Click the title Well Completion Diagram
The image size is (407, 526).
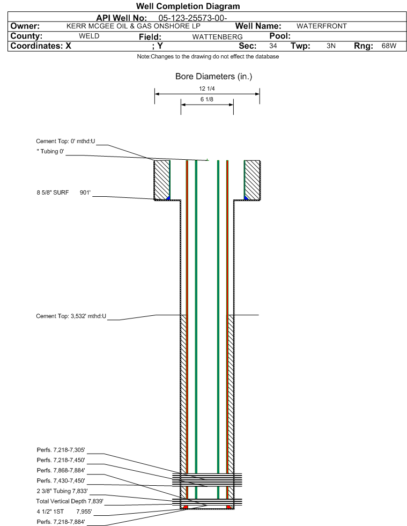click(188, 6)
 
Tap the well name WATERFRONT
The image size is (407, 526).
click(322, 26)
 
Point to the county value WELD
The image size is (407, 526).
click(89, 36)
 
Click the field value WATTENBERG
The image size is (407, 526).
click(213, 36)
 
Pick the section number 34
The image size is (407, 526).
click(273, 46)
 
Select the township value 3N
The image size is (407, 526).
click(331, 46)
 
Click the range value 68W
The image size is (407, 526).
click(389, 46)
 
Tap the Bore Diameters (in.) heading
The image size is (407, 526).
click(213, 77)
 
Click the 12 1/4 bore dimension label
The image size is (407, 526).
click(207, 89)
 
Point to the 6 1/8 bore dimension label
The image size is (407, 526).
click(207, 99)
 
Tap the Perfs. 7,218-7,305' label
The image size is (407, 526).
click(61, 450)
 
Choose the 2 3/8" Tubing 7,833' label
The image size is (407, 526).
click(62, 491)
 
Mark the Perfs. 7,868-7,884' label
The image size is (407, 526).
click(61, 470)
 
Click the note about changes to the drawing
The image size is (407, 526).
click(208, 56)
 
